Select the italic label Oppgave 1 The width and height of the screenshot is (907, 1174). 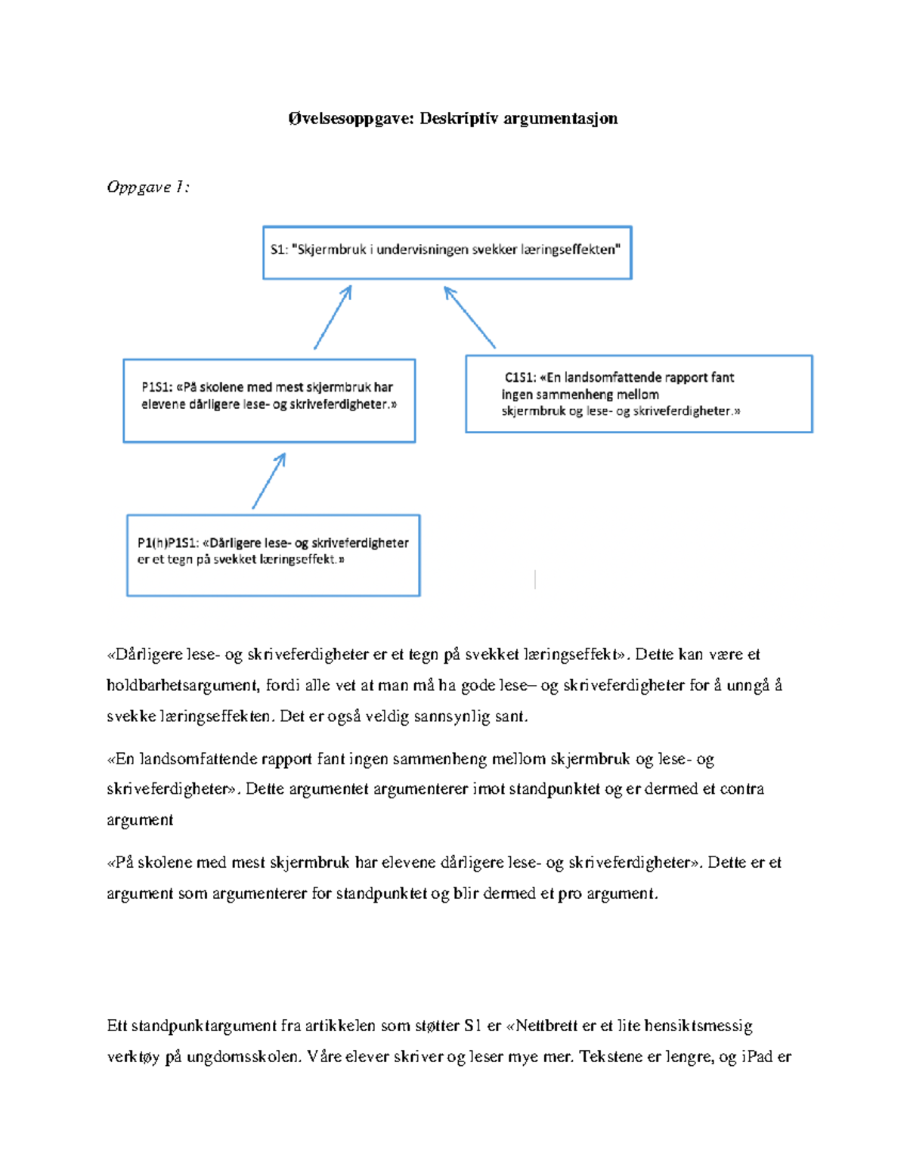[147, 187]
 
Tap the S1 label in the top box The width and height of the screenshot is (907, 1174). [278, 249]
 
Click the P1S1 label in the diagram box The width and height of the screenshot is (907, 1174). [156, 387]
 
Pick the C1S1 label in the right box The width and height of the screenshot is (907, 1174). [520, 377]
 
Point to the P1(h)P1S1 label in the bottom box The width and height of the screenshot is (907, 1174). [168, 543]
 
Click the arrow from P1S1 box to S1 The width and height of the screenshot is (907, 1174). [333, 317]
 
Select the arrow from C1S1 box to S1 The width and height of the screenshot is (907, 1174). [469, 317]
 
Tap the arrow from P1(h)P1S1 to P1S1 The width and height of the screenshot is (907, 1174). [269, 480]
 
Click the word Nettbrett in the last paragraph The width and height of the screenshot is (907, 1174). [546, 1026]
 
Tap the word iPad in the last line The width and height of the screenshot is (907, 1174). [757, 1057]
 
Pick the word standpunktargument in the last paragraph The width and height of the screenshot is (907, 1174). [204, 1026]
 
